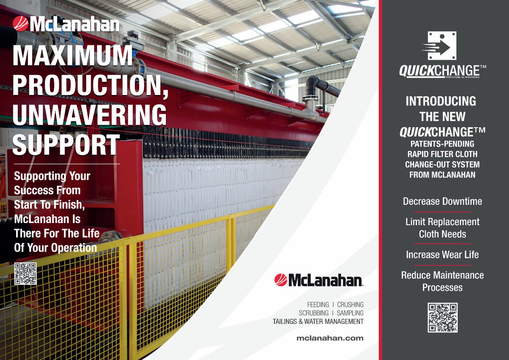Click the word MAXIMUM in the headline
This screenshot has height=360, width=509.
pos(73,55)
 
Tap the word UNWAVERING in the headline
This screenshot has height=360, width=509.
pos(89,115)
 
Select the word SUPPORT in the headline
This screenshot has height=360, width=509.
pos(66,145)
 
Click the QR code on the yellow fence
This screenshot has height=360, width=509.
pos(25,273)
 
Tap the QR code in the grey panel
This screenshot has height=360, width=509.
pos(442,318)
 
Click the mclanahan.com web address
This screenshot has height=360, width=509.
pos(330,338)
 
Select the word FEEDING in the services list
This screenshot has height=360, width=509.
pos(318,304)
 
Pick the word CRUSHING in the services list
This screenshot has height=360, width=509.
pos(350,304)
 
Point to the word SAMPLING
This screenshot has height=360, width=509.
pos(350,313)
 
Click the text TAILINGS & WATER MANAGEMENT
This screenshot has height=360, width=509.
pos(318,321)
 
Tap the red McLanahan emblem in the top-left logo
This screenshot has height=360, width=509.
pos(20,24)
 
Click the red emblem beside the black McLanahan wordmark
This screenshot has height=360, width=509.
pos(281,280)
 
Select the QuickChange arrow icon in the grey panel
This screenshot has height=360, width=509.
pos(439,46)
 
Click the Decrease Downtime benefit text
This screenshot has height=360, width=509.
pos(442,201)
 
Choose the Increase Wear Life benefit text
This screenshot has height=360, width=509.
pos(442,254)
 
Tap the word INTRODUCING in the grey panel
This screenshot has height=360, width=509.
pos(441,101)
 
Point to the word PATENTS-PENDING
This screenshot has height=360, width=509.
pos(442,144)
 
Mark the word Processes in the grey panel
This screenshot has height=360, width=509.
pos(442,288)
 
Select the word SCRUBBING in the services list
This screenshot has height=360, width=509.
pos(313,313)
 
